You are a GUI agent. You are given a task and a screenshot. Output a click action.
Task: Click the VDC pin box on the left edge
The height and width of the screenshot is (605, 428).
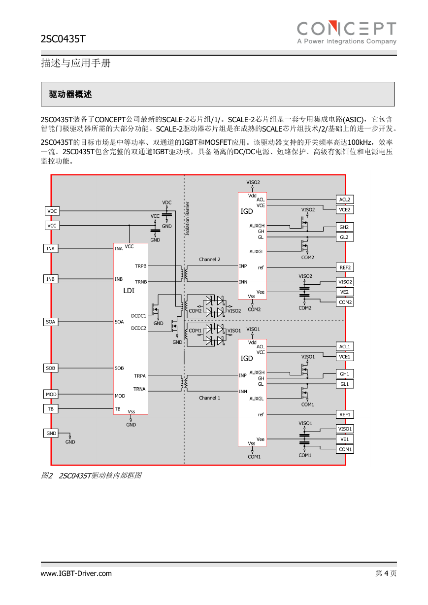(52, 211)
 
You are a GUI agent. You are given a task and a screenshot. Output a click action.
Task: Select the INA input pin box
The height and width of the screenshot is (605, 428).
(51, 248)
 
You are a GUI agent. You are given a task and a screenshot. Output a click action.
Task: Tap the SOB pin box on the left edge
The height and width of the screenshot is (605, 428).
(51, 368)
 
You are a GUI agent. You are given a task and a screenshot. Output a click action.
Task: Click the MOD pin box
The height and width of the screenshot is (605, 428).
(51, 394)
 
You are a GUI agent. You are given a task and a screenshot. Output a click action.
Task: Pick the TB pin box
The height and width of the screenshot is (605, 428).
(51, 408)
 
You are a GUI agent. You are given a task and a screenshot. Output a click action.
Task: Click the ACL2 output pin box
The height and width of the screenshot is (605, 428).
(345, 200)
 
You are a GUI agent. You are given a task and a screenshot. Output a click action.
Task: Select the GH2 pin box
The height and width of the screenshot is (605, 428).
(345, 227)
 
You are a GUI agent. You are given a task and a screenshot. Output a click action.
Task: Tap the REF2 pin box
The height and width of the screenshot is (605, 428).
(345, 268)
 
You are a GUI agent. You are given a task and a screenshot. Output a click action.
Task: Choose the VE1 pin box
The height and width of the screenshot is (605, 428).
(345, 439)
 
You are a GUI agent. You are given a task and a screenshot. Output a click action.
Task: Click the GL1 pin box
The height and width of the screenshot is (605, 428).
(345, 384)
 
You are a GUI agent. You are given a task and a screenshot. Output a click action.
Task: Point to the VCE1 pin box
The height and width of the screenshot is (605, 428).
(345, 357)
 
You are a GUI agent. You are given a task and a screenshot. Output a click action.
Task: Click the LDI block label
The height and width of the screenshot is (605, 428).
(129, 291)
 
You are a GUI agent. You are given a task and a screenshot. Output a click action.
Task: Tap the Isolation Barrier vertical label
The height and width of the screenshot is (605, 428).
(187, 219)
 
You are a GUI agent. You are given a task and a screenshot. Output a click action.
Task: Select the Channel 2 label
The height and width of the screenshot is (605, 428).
(209, 259)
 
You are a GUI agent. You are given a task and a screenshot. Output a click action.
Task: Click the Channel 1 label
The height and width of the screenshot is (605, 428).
(209, 398)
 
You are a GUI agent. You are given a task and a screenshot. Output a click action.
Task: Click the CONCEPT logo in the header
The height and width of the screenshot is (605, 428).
(347, 33)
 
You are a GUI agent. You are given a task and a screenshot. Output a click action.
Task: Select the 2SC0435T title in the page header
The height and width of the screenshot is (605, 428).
(63, 39)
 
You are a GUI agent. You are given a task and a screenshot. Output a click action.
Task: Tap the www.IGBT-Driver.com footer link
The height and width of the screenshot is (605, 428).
(76, 573)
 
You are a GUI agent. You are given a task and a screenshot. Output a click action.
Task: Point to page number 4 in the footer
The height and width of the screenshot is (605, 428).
(386, 573)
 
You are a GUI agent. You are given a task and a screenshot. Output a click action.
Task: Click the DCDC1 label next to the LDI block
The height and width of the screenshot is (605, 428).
(138, 316)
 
